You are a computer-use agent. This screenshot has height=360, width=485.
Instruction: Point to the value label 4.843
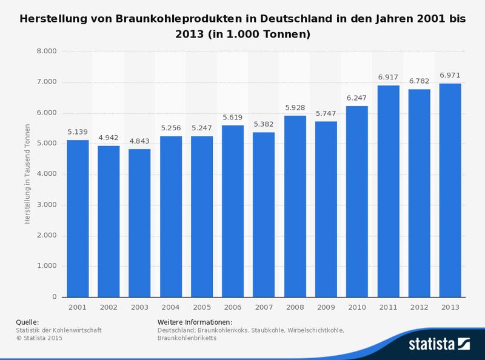(x=139, y=142)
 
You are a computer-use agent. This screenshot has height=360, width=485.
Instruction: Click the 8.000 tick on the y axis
(x=47, y=51)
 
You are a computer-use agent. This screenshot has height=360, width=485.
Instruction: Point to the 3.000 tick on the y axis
(x=47, y=205)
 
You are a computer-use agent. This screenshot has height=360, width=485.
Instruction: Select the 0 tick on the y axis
(x=54, y=297)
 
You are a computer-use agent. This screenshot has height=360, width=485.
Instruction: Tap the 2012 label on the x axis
(x=418, y=307)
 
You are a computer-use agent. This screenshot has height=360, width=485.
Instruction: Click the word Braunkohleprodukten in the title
(x=164, y=19)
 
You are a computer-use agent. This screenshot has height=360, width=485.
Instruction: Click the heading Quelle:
(x=28, y=321)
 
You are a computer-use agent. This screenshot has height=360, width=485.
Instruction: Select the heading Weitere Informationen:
(x=195, y=321)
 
